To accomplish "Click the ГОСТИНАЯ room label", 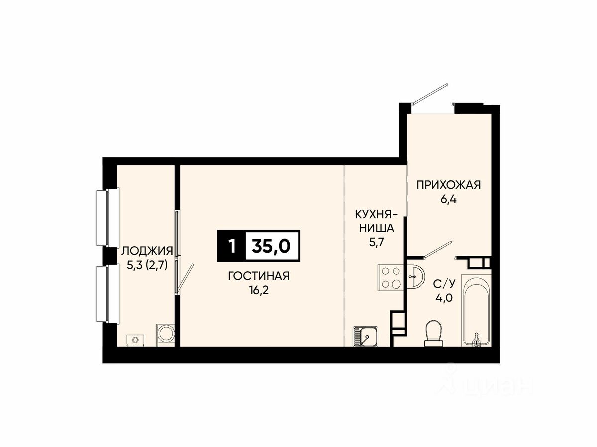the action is [259, 276].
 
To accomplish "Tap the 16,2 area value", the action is [258, 291].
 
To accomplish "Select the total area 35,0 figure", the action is [271, 246].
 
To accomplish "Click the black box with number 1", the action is [231, 246].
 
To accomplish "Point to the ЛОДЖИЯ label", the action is [147, 251].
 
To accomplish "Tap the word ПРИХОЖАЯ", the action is [449, 185].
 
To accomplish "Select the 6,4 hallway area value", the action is [449, 200].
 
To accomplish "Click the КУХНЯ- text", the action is [376, 215].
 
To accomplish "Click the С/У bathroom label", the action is [444, 284].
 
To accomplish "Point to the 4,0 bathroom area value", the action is [444, 298].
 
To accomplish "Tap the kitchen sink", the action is [365, 337].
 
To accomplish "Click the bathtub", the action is [476, 311].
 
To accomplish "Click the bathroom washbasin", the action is [416, 276].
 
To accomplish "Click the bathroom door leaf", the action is [438, 249].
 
